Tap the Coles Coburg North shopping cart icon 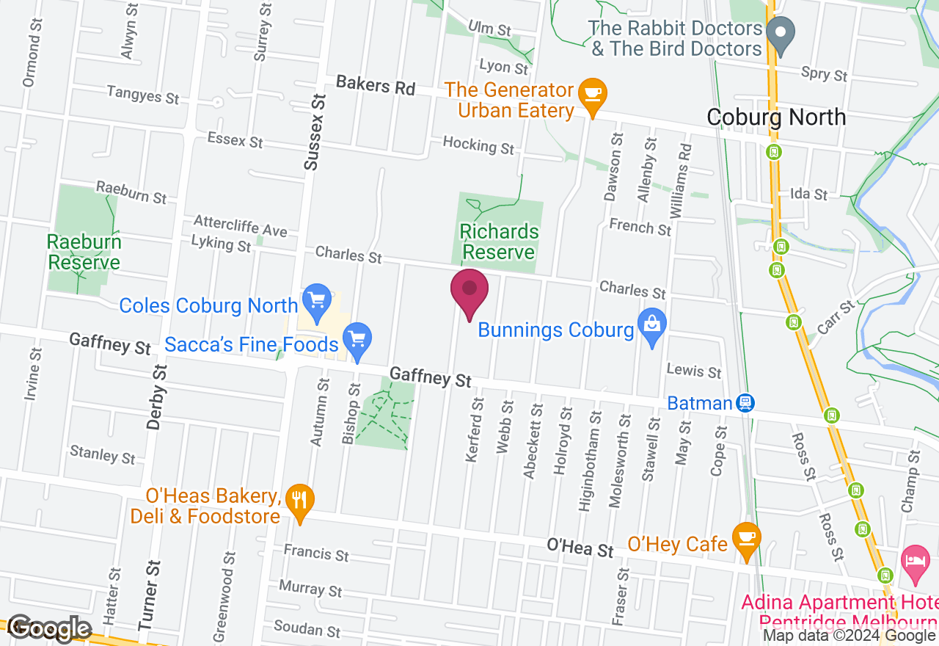(x=317, y=302)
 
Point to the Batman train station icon (x=745, y=402)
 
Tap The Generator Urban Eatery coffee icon (x=591, y=94)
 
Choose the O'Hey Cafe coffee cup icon (x=747, y=537)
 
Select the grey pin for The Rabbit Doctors (x=781, y=34)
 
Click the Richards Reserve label (x=498, y=242)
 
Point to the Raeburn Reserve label (x=84, y=252)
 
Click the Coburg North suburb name (x=776, y=117)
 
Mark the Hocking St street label (x=479, y=145)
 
